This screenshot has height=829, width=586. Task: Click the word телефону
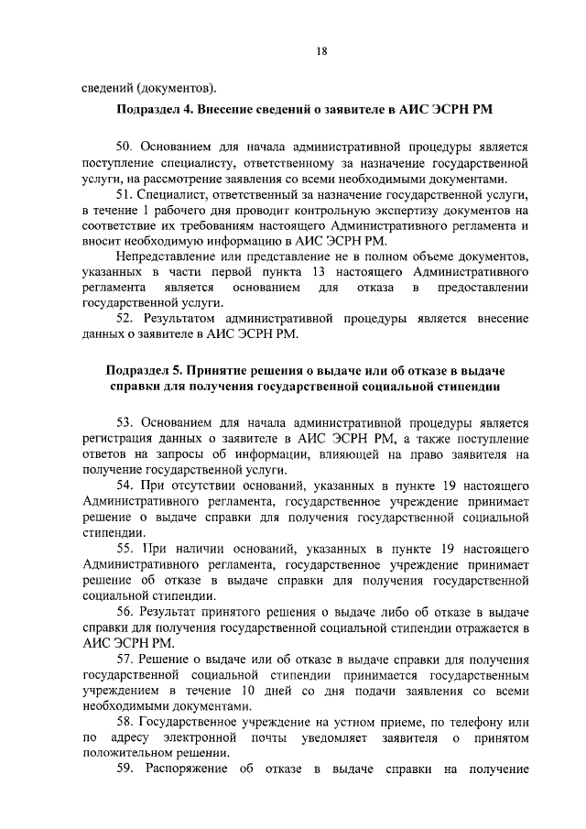click(472, 723)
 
